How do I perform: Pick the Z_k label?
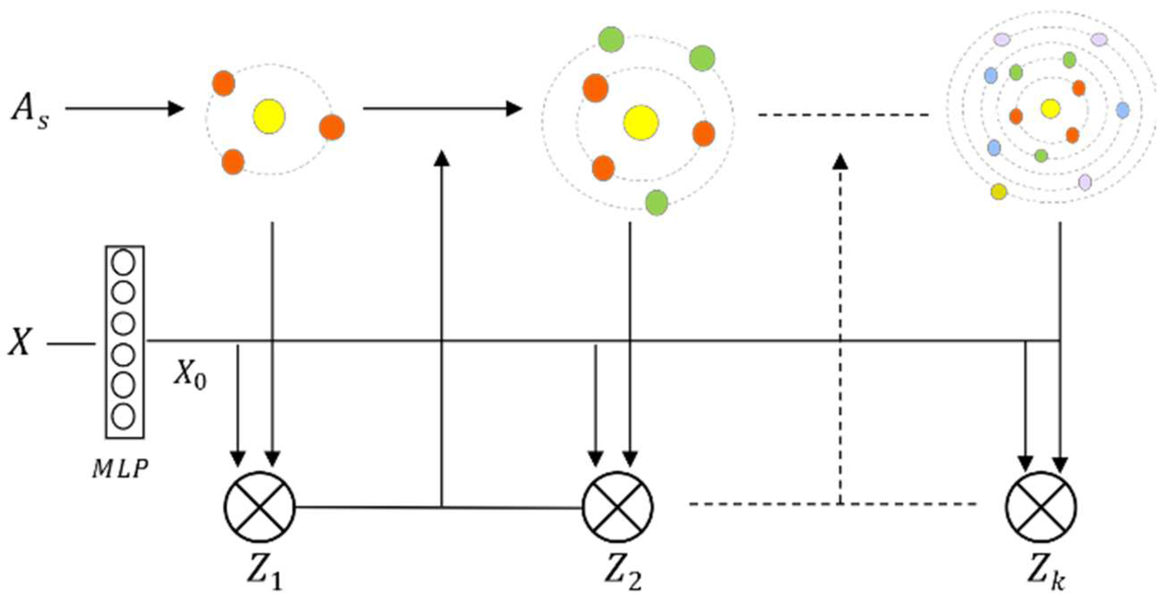[x=1046, y=574]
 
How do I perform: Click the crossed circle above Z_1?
[x=260, y=506]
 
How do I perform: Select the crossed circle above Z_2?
[x=617, y=506]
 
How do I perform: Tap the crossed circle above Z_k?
[x=1041, y=506]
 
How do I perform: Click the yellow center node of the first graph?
[x=269, y=116]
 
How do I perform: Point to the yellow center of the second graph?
[x=640, y=122]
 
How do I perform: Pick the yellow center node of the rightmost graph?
[x=1050, y=108]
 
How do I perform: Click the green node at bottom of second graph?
[x=656, y=202]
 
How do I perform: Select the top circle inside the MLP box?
[x=123, y=262]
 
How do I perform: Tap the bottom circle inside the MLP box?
[x=123, y=417]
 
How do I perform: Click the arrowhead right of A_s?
[x=176, y=108]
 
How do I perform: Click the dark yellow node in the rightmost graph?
[x=998, y=191]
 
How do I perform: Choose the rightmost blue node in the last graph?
[x=1122, y=110]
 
